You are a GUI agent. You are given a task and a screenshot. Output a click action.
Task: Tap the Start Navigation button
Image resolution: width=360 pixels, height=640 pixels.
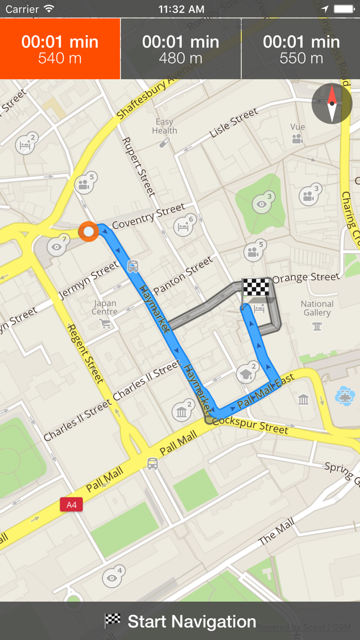180,621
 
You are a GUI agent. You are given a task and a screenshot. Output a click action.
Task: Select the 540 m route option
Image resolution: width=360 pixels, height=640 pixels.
60,49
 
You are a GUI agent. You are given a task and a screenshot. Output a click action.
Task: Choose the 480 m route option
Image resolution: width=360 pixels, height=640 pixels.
181,49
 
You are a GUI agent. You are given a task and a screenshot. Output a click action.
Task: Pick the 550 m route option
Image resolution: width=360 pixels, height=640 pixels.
301,49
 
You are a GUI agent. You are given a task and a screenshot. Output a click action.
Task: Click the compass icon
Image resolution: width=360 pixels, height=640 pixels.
332,103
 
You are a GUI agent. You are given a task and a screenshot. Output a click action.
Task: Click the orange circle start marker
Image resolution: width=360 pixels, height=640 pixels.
88,232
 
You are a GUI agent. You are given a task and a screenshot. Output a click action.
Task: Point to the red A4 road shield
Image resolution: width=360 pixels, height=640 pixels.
71,505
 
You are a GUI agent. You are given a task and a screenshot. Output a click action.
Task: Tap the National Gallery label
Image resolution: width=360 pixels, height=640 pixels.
317,308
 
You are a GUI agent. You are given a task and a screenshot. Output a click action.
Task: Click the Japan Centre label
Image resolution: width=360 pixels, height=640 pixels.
104,307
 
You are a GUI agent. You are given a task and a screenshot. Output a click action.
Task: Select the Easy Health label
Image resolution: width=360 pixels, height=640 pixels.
164,126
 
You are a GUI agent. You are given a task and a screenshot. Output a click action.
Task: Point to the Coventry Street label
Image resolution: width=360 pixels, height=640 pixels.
148,217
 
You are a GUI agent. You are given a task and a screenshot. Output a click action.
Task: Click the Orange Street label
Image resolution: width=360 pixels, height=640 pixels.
306,278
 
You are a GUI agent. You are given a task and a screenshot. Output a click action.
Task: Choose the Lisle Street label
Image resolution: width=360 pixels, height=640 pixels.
233,123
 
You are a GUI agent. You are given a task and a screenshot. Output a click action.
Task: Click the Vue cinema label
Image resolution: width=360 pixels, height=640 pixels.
297,127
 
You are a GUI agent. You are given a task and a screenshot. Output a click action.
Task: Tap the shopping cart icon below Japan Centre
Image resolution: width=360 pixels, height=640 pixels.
105,324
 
